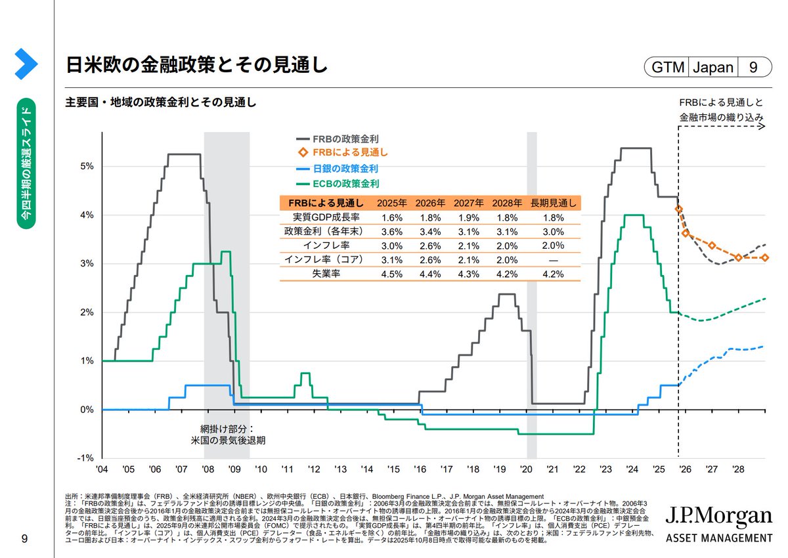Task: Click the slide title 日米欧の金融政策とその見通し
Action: coord(196,66)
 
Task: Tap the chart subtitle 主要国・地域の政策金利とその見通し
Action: coord(160,103)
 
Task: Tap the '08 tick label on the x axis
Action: coord(208,470)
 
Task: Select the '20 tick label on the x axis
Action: coord(525,470)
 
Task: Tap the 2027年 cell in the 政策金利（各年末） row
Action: coord(469,231)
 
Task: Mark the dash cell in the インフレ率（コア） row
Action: coord(553,260)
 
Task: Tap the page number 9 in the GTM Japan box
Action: coord(753,67)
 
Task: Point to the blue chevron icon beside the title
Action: coord(26,63)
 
